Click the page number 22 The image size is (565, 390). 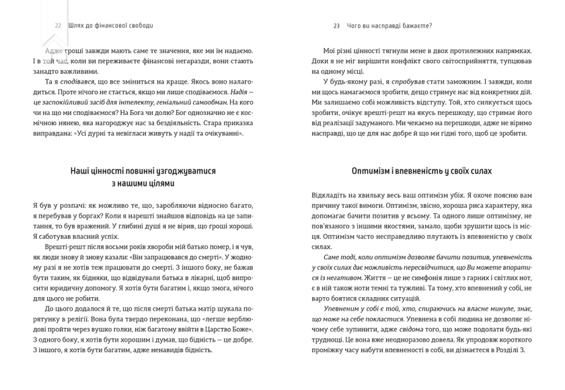(58, 26)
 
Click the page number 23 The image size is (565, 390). (336, 26)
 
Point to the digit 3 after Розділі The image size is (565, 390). (522, 350)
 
